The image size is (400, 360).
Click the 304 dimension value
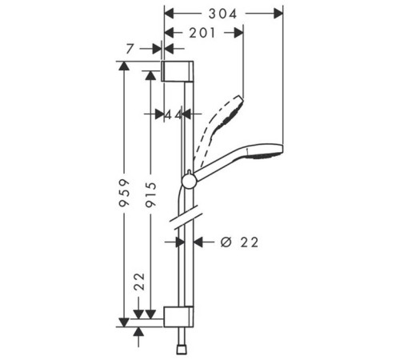click(222, 14)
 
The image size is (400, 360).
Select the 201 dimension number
click(202, 33)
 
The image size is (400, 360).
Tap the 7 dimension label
click(130, 49)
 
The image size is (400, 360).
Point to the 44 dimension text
click(174, 115)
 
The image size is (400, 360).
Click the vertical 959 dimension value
click(125, 193)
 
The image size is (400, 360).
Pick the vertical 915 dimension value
click(150, 194)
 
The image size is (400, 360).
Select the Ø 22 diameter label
click(239, 242)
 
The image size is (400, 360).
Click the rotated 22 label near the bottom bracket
click(139, 282)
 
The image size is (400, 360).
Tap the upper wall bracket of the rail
click(178, 71)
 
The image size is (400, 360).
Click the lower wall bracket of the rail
click(178, 317)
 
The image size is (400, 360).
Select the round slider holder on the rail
click(189, 181)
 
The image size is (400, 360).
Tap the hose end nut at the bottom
click(182, 350)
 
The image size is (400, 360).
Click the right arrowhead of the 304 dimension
click(278, 14)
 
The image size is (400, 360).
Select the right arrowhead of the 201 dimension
click(238, 33)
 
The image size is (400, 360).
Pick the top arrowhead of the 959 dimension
click(124, 66)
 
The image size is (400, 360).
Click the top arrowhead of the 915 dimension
click(150, 75)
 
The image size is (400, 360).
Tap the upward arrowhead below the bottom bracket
click(138, 331)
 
